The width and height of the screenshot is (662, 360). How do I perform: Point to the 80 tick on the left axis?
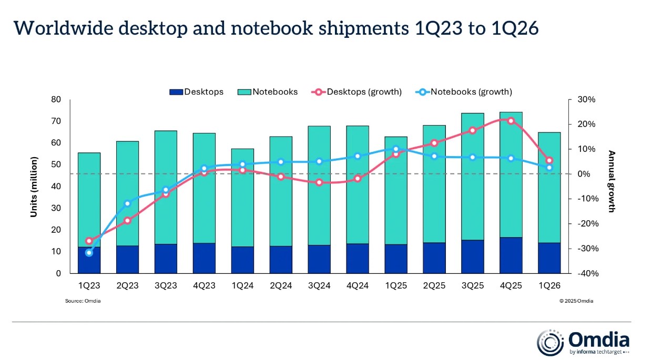[56, 99]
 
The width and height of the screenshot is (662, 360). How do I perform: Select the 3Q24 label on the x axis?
[319, 285]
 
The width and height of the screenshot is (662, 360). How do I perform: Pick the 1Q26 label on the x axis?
[549, 285]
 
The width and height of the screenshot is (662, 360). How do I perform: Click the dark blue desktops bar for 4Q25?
[511, 255]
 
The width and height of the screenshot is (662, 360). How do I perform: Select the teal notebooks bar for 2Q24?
[281, 191]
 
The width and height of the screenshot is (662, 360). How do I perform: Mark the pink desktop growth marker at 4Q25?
[511, 121]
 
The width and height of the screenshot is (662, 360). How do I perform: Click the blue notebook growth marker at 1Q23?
[89, 253]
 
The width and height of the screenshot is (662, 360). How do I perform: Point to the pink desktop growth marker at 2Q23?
[127, 221]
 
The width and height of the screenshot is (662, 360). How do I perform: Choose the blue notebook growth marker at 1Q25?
[396, 149]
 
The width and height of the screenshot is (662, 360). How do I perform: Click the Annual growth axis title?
[612, 181]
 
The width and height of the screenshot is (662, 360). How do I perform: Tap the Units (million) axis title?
[34, 187]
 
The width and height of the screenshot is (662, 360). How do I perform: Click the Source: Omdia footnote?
[83, 301]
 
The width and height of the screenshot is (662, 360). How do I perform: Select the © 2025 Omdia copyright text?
[576, 301]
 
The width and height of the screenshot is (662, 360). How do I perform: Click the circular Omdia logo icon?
[550, 343]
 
